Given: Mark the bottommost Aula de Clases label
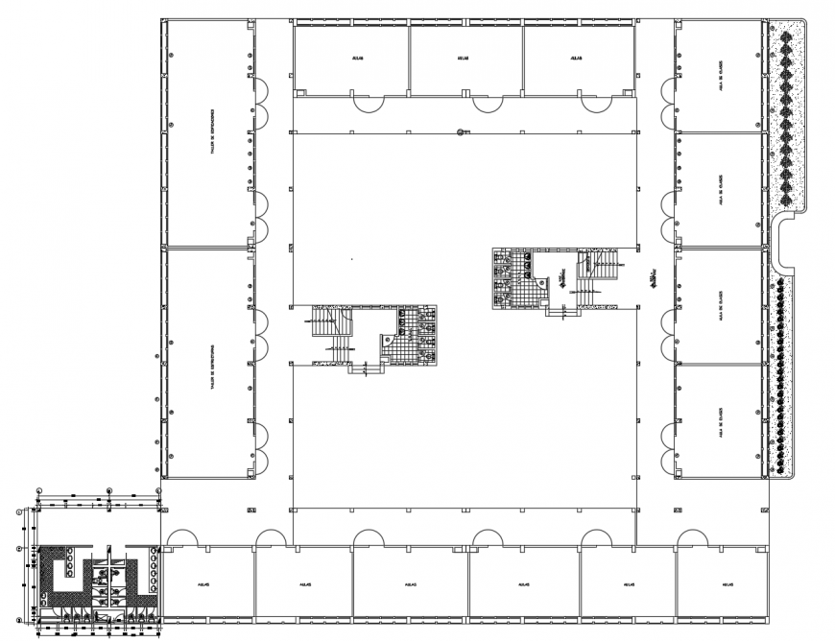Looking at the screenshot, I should pos(720,419).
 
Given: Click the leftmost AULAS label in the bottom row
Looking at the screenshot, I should pos(204,583).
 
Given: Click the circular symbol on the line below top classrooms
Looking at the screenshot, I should pos(462,132).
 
